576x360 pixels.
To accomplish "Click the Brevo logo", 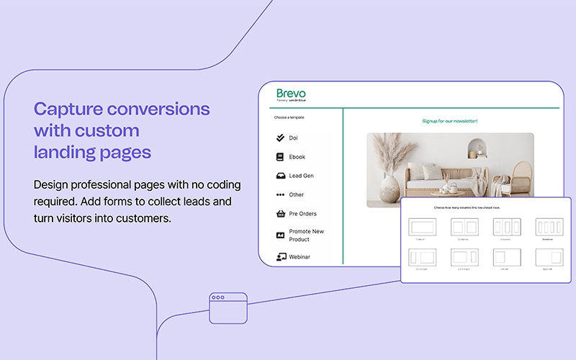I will [x=291, y=94].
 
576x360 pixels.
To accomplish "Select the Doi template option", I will [x=293, y=138].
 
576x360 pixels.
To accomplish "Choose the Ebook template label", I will [x=297, y=157].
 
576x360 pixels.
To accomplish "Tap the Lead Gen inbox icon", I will [x=281, y=176].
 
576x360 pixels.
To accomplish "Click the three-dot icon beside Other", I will [x=281, y=195].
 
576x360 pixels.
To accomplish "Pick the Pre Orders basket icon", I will [x=281, y=214].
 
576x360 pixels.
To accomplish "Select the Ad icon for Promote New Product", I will [x=281, y=235].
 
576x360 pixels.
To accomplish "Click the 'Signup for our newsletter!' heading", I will [x=450, y=121].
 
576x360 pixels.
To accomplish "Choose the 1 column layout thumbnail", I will [x=420, y=226].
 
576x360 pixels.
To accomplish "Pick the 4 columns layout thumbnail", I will [x=549, y=226].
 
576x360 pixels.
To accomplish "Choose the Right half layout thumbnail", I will [x=549, y=257].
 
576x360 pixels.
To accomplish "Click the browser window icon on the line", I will [x=228, y=307].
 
